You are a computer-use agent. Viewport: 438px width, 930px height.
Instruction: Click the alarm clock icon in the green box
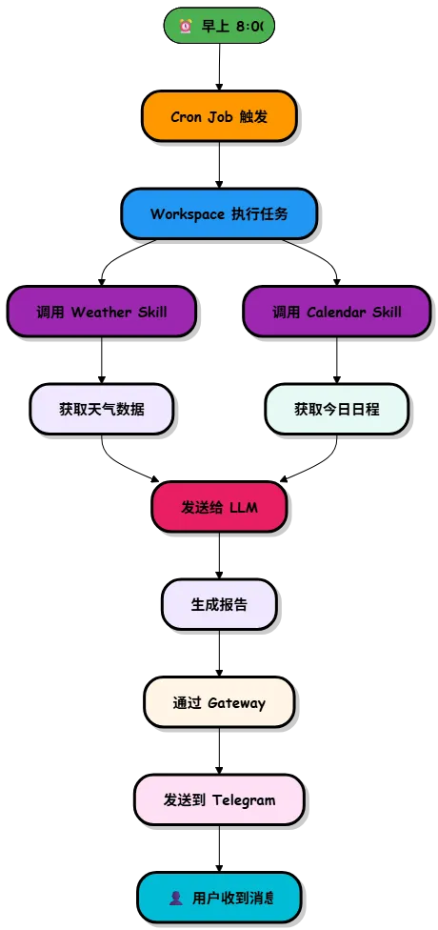186,26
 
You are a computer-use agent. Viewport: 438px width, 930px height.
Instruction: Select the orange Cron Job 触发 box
219,116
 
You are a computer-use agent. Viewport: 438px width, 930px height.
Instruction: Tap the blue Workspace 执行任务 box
219,213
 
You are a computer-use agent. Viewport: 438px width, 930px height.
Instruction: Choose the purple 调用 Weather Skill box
101,312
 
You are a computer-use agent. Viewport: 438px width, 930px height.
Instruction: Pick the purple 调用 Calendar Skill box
337,312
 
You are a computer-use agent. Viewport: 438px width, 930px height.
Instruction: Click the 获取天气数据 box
101,409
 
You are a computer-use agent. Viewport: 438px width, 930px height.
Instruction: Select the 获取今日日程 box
337,409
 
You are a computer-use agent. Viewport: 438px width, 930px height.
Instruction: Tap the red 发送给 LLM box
219,507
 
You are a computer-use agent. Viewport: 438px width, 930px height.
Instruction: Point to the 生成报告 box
219,604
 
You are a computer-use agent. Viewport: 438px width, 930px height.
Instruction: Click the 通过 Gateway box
219,702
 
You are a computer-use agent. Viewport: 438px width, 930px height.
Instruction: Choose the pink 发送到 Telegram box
219,799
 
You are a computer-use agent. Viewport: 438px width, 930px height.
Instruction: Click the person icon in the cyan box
175,898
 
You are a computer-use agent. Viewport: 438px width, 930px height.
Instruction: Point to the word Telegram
244,800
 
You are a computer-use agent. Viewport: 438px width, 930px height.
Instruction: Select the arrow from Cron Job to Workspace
219,165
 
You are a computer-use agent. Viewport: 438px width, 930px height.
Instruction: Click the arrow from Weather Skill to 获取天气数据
101,360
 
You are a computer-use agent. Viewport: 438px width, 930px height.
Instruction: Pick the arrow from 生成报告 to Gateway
219,653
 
